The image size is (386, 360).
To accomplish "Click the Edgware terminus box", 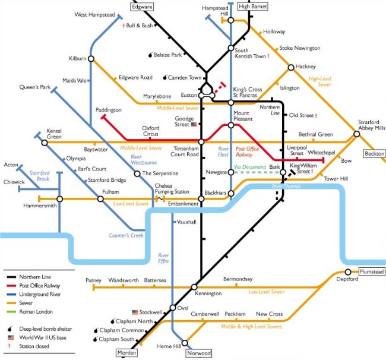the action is [142, 7].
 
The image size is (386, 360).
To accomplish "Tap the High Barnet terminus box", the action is [253, 7].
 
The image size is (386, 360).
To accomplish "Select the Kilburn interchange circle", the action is [91, 59].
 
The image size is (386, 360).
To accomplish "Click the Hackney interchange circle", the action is [291, 67].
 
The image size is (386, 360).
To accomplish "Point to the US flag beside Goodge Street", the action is [194, 125].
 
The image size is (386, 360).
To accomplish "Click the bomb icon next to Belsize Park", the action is [151, 55].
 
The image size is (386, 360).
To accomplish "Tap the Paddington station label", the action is [109, 110].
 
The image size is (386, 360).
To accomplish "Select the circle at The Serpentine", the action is [137, 173].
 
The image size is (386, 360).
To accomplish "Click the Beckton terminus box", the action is [375, 153].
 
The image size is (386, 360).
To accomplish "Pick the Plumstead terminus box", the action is [372, 271].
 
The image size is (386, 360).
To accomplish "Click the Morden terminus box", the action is [126, 353].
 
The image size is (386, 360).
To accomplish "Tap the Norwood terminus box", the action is [199, 353].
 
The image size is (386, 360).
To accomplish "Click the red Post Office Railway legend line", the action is [11, 286].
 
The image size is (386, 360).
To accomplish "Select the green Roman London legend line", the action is [11, 312].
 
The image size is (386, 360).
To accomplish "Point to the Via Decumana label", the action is [250, 167].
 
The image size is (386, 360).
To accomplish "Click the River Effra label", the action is [163, 258].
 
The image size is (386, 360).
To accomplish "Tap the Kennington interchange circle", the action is [194, 287].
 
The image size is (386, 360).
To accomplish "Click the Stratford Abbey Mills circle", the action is [357, 134].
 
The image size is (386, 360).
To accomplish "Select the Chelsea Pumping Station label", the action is [172, 189].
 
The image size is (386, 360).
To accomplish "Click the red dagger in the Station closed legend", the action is [10, 346].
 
